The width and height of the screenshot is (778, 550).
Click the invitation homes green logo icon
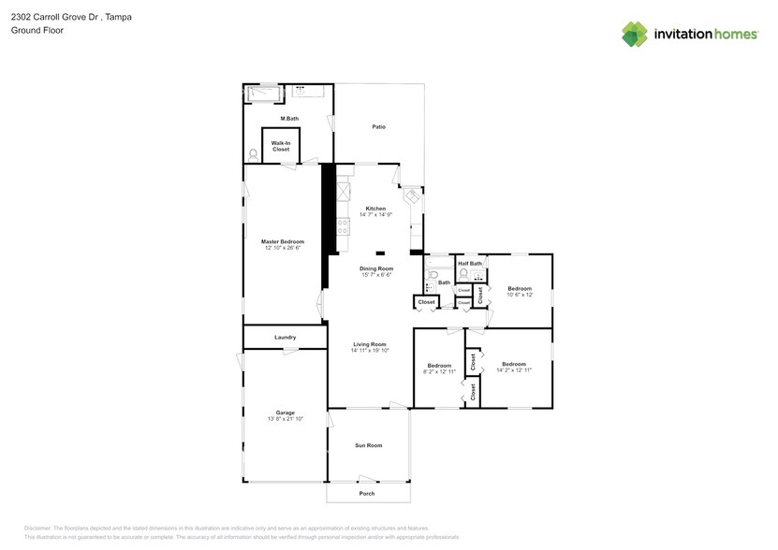635,34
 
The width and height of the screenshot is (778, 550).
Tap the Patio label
379,126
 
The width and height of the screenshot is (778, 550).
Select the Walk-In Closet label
281,146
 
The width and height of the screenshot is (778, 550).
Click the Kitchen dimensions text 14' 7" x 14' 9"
375,214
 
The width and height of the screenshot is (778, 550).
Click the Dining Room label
376,268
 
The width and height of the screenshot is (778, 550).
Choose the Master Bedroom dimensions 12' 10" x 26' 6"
283,248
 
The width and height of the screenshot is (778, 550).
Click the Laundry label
286,337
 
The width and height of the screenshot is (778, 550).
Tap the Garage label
286,412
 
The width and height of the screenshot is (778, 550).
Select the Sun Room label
368,445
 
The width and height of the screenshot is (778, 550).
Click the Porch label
368,493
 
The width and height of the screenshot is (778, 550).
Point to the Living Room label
369,344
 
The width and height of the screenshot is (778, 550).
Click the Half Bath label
470,263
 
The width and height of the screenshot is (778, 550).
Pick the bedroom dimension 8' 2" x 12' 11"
439,371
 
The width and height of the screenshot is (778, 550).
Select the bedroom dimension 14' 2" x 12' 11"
513,369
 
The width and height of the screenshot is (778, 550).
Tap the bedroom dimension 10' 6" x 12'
520,295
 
